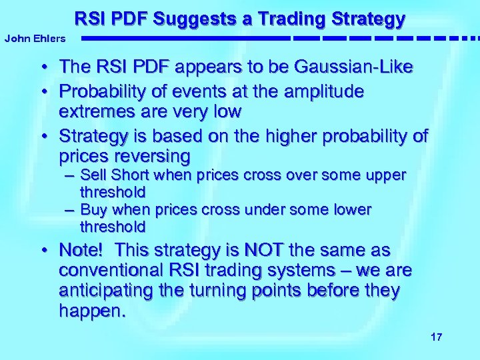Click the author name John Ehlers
tap(35, 39)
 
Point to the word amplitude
tap(321, 91)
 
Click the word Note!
tap(81, 251)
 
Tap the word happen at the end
tap(89, 311)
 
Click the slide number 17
tap(436, 337)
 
